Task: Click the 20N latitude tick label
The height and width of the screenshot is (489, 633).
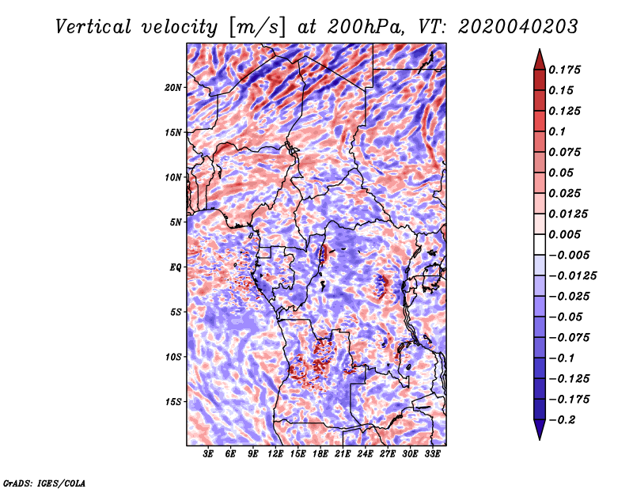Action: (x=173, y=88)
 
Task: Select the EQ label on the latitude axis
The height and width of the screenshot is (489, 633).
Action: (x=176, y=267)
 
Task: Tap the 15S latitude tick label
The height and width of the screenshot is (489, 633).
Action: (x=173, y=402)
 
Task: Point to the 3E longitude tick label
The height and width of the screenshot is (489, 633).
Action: (x=208, y=454)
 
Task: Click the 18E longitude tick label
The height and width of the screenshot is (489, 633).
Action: (x=320, y=454)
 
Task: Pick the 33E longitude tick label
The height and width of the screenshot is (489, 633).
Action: (x=432, y=454)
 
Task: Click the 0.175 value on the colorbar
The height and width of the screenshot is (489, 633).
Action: (x=564, y=70)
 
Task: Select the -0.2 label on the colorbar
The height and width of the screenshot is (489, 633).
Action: (x=562, y=420)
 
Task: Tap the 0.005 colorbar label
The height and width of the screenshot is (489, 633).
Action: (x=564, y=235)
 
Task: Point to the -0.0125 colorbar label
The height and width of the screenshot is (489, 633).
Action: (x=572, y=276)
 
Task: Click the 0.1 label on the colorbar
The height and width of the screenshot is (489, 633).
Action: (x=557, y=132)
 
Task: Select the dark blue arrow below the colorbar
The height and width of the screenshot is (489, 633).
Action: (x=540, y=430)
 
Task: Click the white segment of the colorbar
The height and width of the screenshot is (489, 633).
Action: (x=540, y=244)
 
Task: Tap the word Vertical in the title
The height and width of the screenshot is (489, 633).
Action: (x=93, y=27)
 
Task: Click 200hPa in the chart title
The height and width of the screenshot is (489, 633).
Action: (x=366, y=27)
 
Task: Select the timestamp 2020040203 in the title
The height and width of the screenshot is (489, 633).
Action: (x=518, y=27)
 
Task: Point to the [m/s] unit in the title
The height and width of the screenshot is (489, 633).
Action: (x=257, y=28)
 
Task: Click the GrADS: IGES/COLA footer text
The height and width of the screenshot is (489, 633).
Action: (x=44, y=483)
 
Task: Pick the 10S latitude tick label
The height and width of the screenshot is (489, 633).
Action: (x=173, y=358)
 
